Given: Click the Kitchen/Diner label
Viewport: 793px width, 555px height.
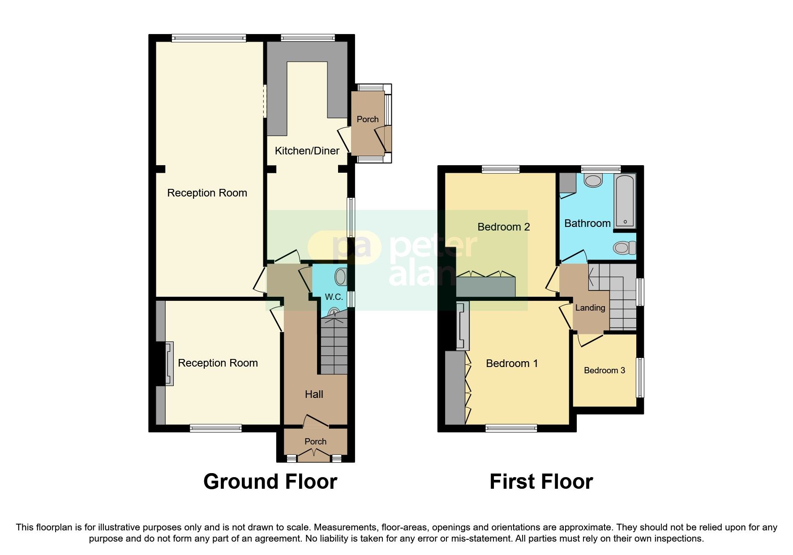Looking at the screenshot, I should (307, 151).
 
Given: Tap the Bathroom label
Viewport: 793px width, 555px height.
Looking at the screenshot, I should (587, 223).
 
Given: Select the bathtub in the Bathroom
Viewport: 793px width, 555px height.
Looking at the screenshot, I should (625, 201).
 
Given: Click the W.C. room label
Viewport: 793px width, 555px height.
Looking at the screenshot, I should (334, 297).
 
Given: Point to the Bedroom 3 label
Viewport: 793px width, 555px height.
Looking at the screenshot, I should (604, 371).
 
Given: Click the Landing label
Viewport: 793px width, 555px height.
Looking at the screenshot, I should (590, 308).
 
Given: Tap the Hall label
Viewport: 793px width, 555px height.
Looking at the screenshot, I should (314, 394).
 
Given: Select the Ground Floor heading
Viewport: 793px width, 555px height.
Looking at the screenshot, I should (270, 482).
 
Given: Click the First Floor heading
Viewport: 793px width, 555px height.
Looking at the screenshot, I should (541, 482).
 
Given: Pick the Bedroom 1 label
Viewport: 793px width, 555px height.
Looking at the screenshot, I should (511, 363).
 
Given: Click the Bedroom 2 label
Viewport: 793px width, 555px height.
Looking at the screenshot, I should (503, 227).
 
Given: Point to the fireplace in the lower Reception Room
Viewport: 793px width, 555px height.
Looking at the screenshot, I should (169, 363).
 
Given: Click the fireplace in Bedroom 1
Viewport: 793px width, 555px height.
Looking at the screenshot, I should (462, 326).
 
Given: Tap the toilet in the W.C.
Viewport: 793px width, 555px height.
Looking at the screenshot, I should (341, 277).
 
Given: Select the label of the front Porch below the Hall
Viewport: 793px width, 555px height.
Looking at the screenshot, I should (315, 442).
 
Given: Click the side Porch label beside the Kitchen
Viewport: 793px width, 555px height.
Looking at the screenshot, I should (367, 120).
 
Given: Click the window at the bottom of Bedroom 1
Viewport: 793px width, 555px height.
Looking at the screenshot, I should (511, 428).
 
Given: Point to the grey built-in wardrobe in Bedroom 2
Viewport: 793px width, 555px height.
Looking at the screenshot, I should (486, 287).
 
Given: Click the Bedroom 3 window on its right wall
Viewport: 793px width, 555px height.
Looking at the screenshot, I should (640, 377).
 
